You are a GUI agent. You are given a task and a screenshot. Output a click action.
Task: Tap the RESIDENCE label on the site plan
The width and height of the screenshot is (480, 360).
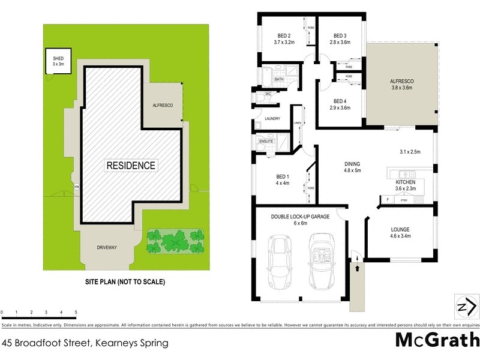pyautogui.click(x=131, y=165)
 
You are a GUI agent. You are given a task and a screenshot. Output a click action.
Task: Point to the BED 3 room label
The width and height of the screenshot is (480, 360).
pyautogui.click(x=341, y=35)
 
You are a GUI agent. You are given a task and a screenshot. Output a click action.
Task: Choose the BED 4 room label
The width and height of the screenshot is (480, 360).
pyautogui.click(x=340, y=101)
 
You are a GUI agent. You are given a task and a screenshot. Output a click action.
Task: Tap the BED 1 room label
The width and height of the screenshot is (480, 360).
pyautogui.click(x=283, y=176)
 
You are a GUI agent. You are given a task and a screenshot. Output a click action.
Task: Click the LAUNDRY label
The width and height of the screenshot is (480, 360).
pyautogui.click(x=272, y=119)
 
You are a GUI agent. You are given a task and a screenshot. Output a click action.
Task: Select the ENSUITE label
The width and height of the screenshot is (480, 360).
pyautogui.click(x=266, y=142)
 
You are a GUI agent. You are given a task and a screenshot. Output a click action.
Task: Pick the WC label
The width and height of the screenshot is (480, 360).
pyautogui.click(x=268, y=94)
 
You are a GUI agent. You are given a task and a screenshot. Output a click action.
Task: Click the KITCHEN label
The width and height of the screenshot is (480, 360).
pyautogui.click(x=405, y=182)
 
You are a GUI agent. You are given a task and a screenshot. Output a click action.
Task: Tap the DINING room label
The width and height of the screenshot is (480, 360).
pyautogui.click(x=352, y=163)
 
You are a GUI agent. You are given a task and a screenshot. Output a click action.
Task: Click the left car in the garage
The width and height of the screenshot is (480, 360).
pyautogui.click(x=279, y=262)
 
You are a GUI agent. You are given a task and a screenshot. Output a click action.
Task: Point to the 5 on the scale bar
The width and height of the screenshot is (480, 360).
pyautogui.click(x=76, y=313)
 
